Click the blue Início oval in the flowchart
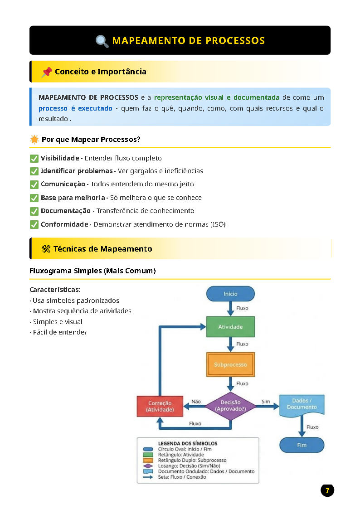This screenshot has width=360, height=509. click(230, 294)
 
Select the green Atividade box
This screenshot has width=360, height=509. click(230, 327)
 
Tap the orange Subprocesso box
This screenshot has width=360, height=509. click(230, 364)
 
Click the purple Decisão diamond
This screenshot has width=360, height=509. click(230, 405)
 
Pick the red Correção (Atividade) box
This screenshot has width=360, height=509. click(160, 406)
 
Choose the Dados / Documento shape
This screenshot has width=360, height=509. click(302, 405)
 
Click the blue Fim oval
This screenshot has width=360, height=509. click(302, 445)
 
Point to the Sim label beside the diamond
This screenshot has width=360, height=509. click(266, 402)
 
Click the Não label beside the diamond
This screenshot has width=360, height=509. click(196, 402)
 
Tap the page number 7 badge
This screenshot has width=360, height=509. click(327, 490)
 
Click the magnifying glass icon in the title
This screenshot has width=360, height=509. click(102, 41)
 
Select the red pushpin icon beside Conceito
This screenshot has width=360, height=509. click(46, 72)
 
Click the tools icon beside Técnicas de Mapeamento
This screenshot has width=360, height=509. click(46, 249)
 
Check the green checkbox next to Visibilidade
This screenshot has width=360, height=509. click(34, 158)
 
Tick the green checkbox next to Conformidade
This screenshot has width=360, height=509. click(34, 224)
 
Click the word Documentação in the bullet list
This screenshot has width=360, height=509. click(65, 211)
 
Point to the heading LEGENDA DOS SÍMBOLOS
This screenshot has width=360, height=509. click(187, 443)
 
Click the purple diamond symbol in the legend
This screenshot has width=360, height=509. click(148, 465)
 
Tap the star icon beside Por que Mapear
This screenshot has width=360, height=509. click(34, 140)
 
